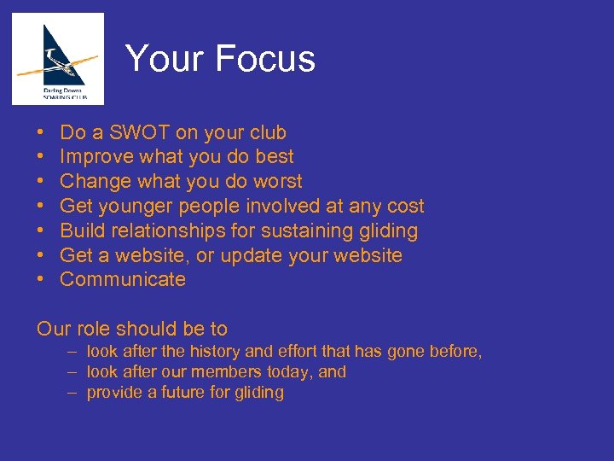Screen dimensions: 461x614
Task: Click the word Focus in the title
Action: point(265,59)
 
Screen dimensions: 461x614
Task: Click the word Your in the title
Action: point(165,59)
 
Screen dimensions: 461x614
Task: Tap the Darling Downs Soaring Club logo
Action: point(58,59)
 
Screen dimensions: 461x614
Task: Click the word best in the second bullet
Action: point(275,157)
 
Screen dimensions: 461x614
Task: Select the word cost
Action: point(404,206)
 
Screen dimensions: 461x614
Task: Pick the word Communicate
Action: point(123,279)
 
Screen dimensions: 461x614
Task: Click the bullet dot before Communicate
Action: point(41,279)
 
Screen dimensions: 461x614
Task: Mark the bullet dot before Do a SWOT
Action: point(41,132)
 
